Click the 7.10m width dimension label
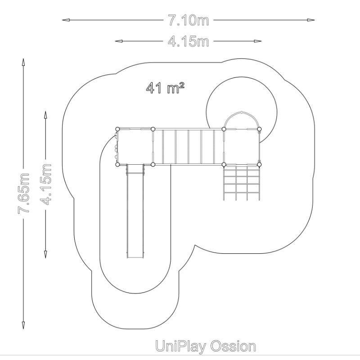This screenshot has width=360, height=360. point(189,20)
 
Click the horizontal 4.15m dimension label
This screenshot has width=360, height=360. point(189,41)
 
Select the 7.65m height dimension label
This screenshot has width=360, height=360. point(24,193)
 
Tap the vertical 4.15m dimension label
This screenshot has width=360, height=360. point(45,184)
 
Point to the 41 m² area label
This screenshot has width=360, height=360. point(165,88)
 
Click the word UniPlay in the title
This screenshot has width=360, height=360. point(180,346)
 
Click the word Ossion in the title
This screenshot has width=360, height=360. point(233,346)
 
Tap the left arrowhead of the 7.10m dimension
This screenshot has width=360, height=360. point(66,20)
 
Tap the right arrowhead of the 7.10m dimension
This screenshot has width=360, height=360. point(311,20)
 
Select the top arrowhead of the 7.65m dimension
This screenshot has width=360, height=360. point(23,62)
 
